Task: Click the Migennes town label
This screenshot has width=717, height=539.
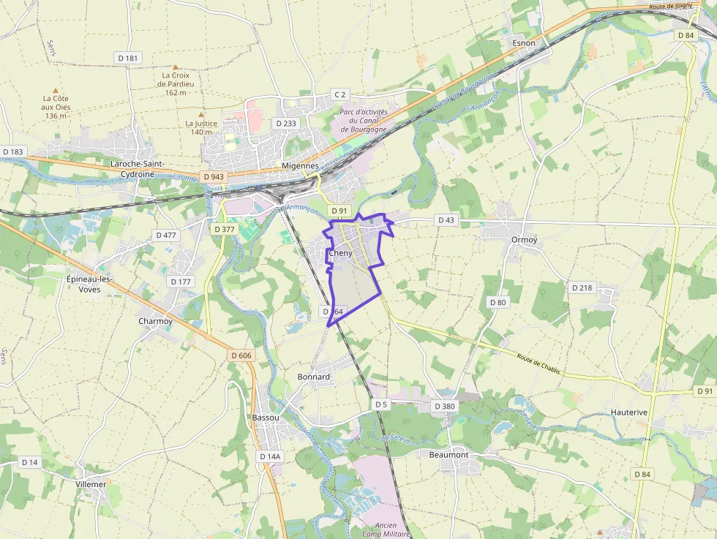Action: [300, 166]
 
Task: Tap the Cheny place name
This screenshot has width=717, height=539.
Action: [340, 254]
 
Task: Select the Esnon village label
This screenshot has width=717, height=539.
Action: [524, 43]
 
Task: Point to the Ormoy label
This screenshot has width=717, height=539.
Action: [525, 240]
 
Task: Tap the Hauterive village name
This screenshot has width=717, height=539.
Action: [629, 412]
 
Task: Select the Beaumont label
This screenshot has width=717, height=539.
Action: [448, 454]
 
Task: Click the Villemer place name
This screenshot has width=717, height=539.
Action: [91, 484]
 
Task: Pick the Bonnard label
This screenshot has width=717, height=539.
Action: [314, 377]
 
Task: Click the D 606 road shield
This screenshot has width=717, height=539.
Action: [241, 355]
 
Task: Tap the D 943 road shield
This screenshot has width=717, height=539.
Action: [214, 177]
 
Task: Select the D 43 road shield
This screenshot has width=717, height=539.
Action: [445, 219]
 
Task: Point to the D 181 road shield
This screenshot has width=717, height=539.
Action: [127, 58]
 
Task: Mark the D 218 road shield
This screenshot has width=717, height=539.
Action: [582, 287]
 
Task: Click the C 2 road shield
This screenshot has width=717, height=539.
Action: [339, 94]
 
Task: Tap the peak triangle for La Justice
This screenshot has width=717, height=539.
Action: [200, 114]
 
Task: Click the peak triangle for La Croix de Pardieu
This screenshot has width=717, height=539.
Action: [175, 67]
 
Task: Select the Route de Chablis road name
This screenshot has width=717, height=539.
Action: [538, 363]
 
